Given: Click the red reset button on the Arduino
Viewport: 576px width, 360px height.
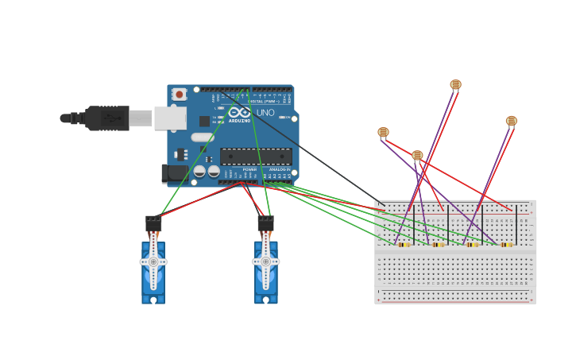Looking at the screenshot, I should pyautogui.click(x=179, y=95).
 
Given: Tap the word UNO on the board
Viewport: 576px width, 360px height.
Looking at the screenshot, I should pyautogui.click(x=265, y=113).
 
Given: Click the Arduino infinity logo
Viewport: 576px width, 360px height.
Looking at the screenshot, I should pyautogui.click(x=239, y=112).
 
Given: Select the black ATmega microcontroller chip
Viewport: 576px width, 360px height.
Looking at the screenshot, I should pyautogui.click(x=255, y=157).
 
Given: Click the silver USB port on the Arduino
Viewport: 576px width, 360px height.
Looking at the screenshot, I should pyautogui.click(x=170, y=118).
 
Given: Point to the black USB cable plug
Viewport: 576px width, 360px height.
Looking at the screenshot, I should pyautogui.click(x=107, y=118).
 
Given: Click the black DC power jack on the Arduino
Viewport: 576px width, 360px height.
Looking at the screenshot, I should pyautogui.click(x=174, y=172).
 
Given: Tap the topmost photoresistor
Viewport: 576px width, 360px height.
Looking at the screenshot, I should pyautogui.click(x=455, y=84).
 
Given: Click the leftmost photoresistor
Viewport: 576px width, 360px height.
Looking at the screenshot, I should pyautogui.click(x=383, y=132).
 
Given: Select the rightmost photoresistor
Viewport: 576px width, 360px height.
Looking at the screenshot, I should pyautogui.click(x=512, y=121).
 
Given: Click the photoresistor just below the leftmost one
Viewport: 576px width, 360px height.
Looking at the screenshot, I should pyautogui.click(x=417, y=155).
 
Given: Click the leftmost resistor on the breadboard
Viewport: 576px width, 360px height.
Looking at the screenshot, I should pyautogui.click(x=404, y=245).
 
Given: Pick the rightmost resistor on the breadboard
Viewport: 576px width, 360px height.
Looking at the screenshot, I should pyautogui.click(x=506, y=245).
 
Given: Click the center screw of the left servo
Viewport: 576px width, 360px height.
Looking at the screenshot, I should pyautogui.click(x=153, y=261).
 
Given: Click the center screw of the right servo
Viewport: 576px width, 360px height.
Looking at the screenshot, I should pyautogui.click(x=265, y=261).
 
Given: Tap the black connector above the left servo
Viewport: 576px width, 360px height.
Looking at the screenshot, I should pyautogui.click(x=153, y=223).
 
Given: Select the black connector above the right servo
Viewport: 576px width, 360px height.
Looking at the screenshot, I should pyautogui.click(x=265, y=223).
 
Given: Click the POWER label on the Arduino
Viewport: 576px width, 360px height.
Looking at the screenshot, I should pyautogui.click(x=249, y=169).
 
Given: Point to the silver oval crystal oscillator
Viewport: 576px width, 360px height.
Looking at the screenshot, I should pyautogui.click(x=203, y=137).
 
